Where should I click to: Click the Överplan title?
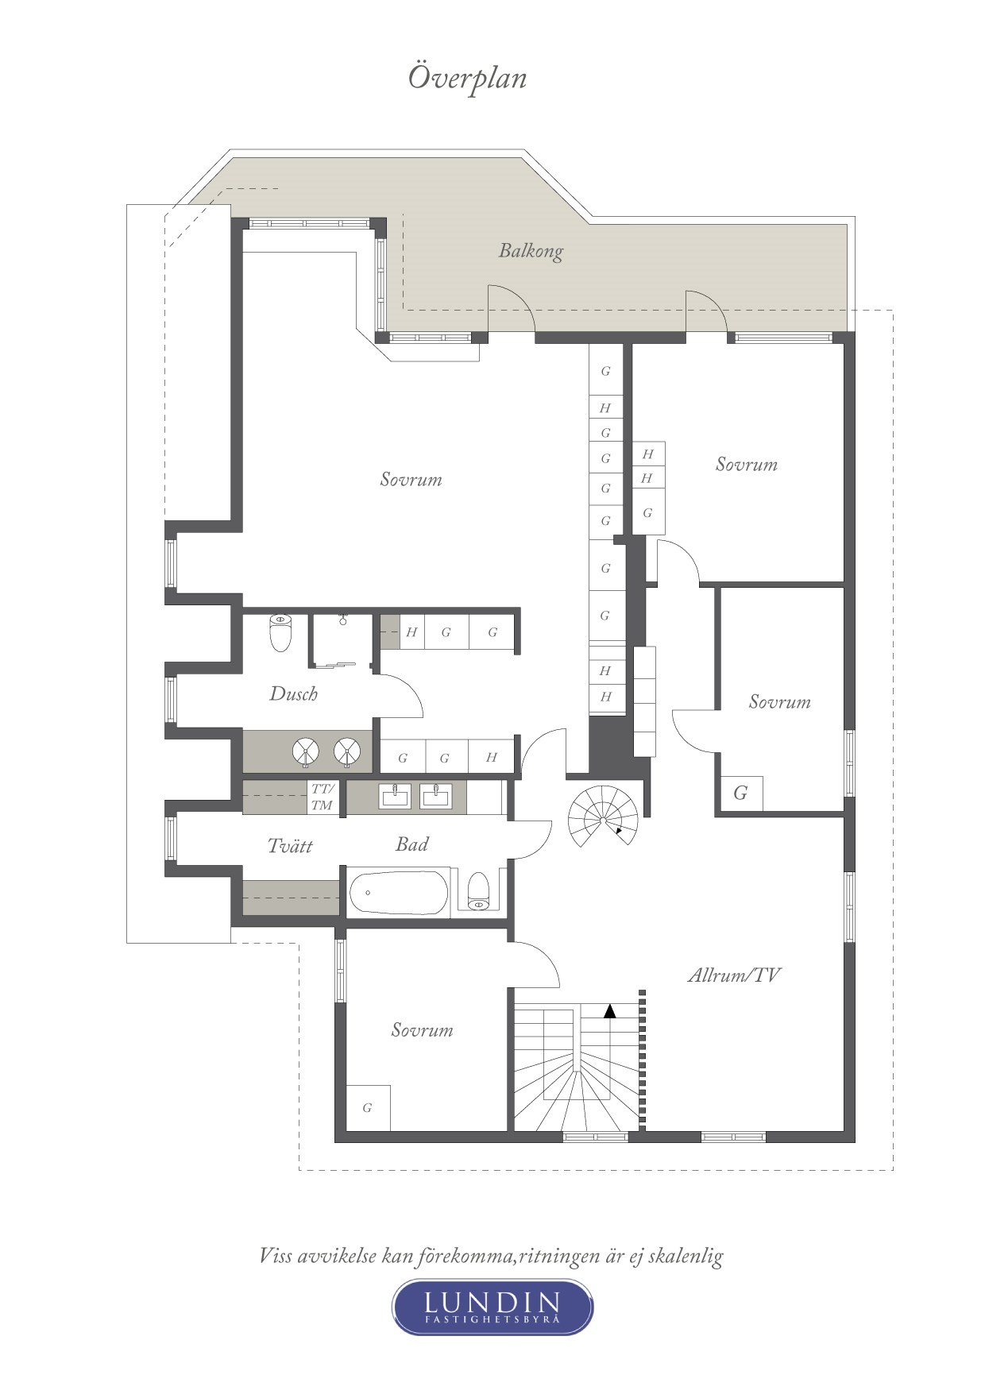click(467, 78)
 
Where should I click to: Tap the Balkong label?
click(531, 251)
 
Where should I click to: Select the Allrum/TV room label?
click(733, 975)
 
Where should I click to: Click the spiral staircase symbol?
click(603, 817)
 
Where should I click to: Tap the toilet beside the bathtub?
click(478, 891)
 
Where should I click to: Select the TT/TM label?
click(323, 797)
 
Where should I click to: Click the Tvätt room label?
click(290, 846)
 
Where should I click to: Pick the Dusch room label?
click(294, 694)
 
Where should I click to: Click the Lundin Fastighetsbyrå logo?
click(492, 1307)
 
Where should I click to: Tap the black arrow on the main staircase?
click(609, 1011)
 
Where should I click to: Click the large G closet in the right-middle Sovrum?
click(740, 793)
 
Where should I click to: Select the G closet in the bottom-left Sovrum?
click(367, 1107)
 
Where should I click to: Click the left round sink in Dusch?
click(306, 751)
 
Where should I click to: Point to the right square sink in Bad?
click(436, 795)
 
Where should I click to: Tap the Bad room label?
click(412, 844)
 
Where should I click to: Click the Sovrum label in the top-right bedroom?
click(746, 465)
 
